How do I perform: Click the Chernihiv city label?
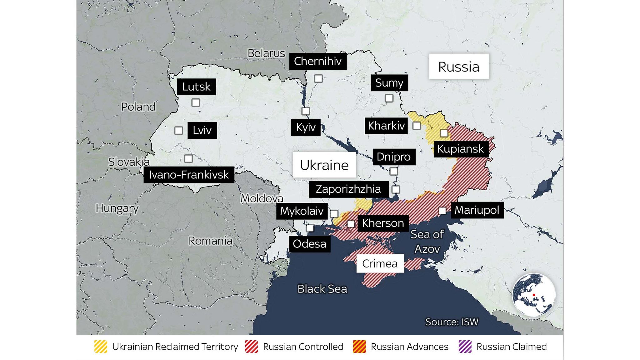318,61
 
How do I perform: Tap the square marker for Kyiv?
306,111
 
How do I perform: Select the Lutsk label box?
196,87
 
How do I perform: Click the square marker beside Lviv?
178,130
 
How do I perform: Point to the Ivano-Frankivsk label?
189,175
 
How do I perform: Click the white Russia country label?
459,67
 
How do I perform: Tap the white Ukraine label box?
324,165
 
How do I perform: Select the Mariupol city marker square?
442,211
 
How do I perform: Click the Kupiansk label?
461,149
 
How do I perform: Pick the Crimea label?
380,263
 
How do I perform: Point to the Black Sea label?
322,289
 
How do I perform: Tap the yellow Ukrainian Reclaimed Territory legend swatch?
101,347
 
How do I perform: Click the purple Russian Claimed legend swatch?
465,347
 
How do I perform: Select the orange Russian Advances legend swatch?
359,347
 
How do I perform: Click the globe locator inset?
534,295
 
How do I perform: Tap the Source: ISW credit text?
452,322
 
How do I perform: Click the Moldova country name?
262,198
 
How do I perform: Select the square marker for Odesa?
310,228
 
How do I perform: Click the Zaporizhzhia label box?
348,189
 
